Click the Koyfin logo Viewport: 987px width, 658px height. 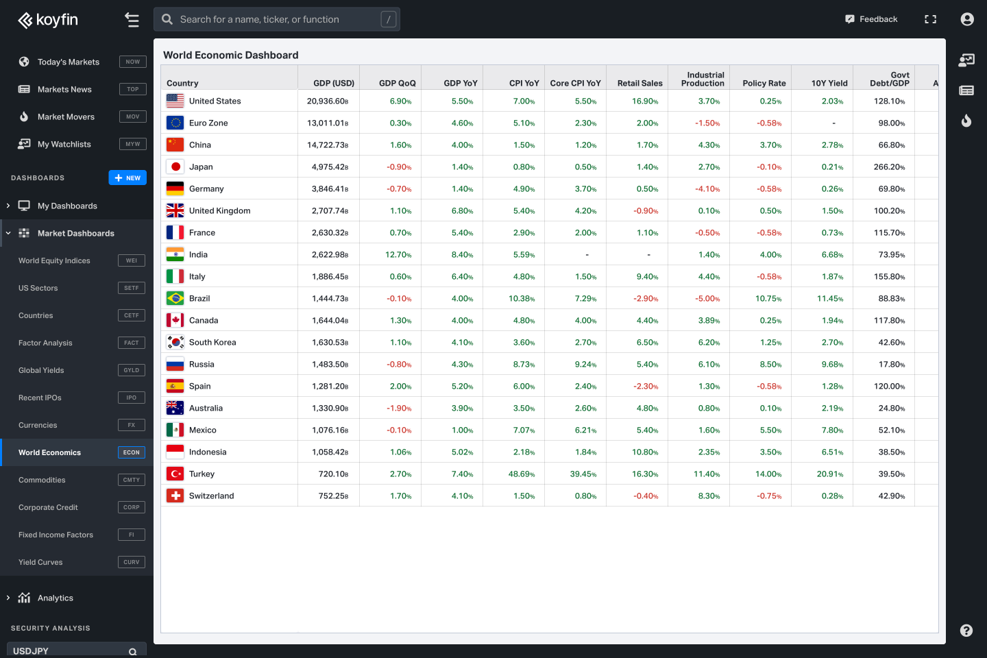tap(48, 20)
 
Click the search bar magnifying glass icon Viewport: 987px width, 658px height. tap(167, 19)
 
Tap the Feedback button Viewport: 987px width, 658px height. tap(871, 19)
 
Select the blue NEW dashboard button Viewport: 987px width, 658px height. tap(127, 178)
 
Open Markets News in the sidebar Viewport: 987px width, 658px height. tap(64, 89)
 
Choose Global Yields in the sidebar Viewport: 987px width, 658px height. tap(41, 370)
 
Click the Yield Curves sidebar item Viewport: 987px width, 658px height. tap(40, 562)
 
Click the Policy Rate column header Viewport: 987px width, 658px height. tap(764, 83)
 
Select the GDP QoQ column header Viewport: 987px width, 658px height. tap(397, 83)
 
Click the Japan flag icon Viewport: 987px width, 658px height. tap(175, 167)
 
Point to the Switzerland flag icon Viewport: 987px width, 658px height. tap(175, 496)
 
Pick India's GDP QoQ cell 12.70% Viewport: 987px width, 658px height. tap(398, 254)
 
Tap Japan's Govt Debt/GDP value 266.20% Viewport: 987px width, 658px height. tap(889, 167)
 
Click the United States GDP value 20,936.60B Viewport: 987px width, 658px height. tap(328, 101)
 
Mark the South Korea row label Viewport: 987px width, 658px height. tap(212, 342)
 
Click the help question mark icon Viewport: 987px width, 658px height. tap(966, 631)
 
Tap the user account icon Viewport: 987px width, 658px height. tap(967, 19)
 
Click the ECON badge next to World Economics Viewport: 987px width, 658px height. tap(132, 452)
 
